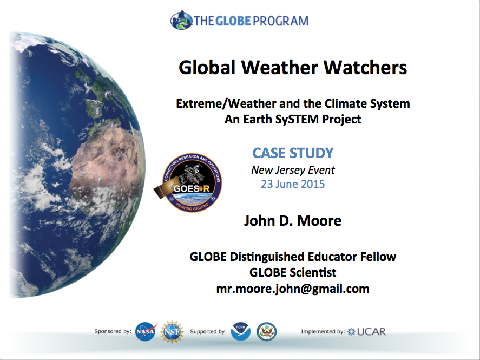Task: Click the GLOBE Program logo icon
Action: pos(181,20)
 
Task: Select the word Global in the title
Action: pos(207,67)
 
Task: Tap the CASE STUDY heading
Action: pos(293,153)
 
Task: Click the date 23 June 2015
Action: pos(293,184)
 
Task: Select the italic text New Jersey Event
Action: pos(293,170)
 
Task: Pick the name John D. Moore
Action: pos(293,221)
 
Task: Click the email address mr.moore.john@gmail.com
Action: pos(293,289)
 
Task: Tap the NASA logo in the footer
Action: pos(146,331)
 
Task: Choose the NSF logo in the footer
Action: pos(172,332)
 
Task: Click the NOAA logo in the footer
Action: pos(241,331)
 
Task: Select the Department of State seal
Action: pos(267,331)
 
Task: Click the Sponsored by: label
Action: pos(113,331)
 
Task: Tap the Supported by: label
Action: pos(208,331)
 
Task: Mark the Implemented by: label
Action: pos(323,331)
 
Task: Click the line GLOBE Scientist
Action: pos(293,272)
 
